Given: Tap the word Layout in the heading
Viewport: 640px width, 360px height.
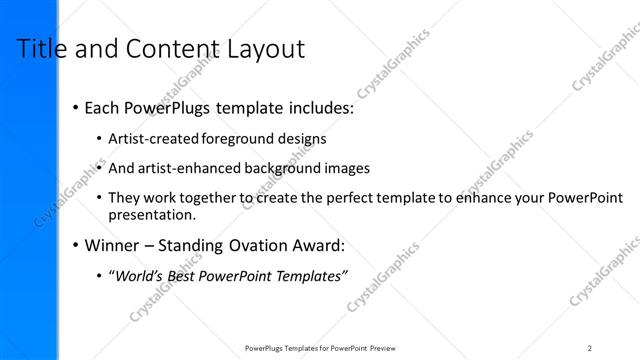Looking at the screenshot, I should pyautogui.click(x=264, y=49).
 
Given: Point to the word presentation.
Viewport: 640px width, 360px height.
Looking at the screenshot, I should pyautogui.click(x=152, y=214).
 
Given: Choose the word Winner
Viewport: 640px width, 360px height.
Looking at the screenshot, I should pyautogui.click(x=113, y=245).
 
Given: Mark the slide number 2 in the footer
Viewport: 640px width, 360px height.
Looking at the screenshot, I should pyautogui.click(x=590, y=347).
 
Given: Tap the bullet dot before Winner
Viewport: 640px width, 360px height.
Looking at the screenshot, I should pyautogui.click(x=75, y=246).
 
